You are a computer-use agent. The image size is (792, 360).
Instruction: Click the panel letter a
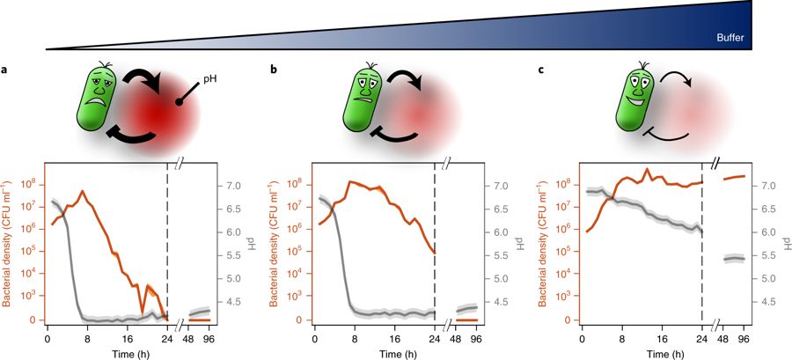pos(5,70)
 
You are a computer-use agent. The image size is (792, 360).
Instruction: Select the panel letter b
pos(273,70)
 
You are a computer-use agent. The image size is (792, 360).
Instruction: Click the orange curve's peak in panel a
pos(83,191)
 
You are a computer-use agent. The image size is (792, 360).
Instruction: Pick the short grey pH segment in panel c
pos(733,258)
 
